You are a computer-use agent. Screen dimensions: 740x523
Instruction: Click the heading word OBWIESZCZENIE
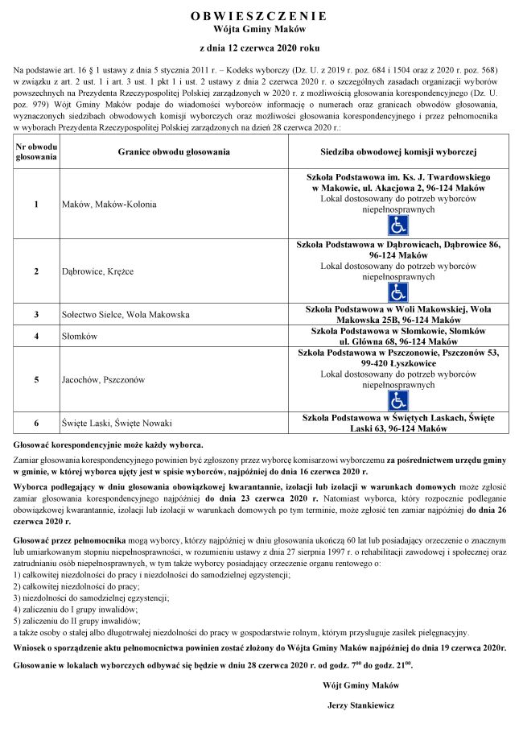point(260,15)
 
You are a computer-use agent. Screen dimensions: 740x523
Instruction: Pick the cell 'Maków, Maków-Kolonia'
point(99,205)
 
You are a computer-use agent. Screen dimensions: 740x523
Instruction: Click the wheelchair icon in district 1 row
point(397,225)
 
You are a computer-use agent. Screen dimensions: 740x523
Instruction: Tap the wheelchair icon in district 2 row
point(397,291)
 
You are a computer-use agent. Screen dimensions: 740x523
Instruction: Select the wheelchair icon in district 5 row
point(397,400)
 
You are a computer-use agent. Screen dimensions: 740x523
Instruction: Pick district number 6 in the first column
point(36,424)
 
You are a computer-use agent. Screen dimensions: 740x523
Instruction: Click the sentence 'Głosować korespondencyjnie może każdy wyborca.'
point(109,444)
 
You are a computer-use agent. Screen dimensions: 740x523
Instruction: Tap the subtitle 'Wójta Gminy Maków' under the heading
point(260,28)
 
